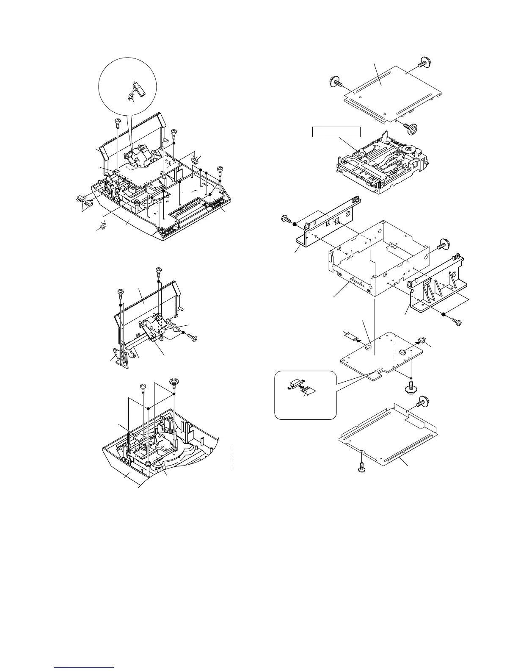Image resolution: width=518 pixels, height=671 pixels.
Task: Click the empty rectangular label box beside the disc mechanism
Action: point(336,132)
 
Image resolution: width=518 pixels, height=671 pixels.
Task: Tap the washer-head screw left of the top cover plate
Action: point(336,81)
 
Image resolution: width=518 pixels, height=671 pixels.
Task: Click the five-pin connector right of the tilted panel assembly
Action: point(195,161)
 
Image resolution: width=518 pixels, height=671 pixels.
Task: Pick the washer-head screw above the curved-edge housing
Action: point(174,382)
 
